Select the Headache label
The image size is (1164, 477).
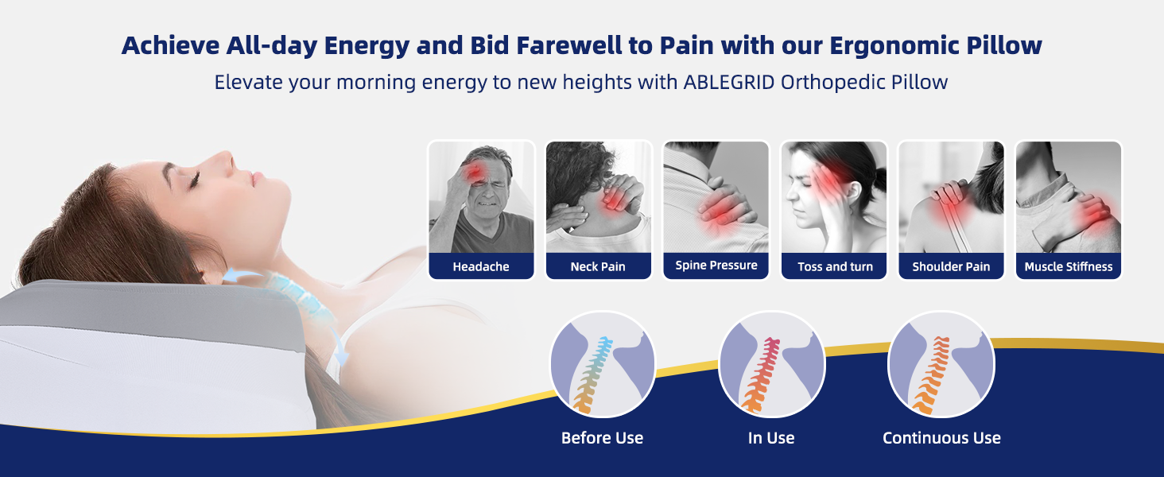[x=481, y=266]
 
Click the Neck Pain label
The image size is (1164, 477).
[x=598, y=266]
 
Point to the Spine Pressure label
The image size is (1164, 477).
[x=716, y=265]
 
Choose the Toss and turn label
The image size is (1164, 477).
[x=835, y=266]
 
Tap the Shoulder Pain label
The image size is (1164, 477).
[x=951, y=266]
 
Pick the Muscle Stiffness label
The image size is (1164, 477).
[x=1069, y=266]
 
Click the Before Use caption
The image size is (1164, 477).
[x=602, y=438]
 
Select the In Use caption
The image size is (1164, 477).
[x=771, y=438]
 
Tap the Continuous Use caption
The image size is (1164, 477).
[x=941, y=438]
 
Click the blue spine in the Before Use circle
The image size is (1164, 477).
[x=595, y=374]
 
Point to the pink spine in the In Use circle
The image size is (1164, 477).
[x=762, y=375]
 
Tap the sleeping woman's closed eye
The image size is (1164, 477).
[x=194, y=180]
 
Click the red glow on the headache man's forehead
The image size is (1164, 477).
[x=474, y=172]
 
